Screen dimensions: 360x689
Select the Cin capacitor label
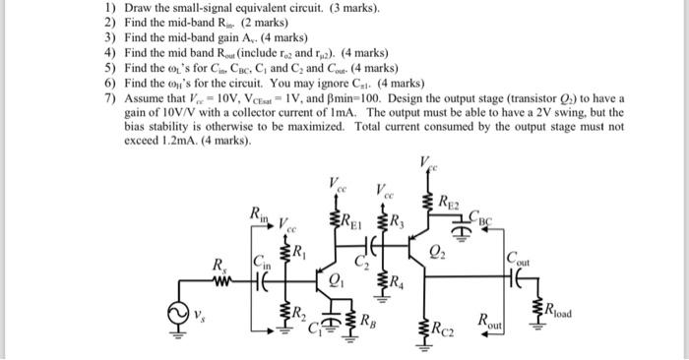point(263,263)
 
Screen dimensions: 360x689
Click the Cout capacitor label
point(516,261)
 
